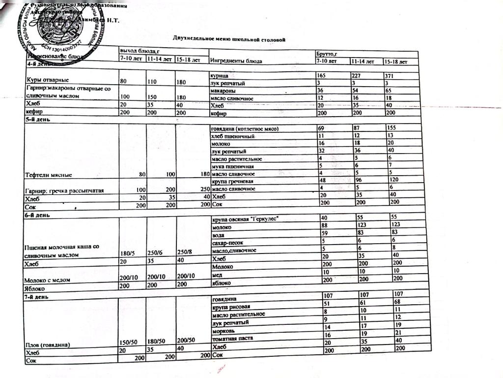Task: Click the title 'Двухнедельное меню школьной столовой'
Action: pyautogui.click(x=229, y=38)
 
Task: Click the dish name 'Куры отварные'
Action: pyautogui.click(x=48, y=79)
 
